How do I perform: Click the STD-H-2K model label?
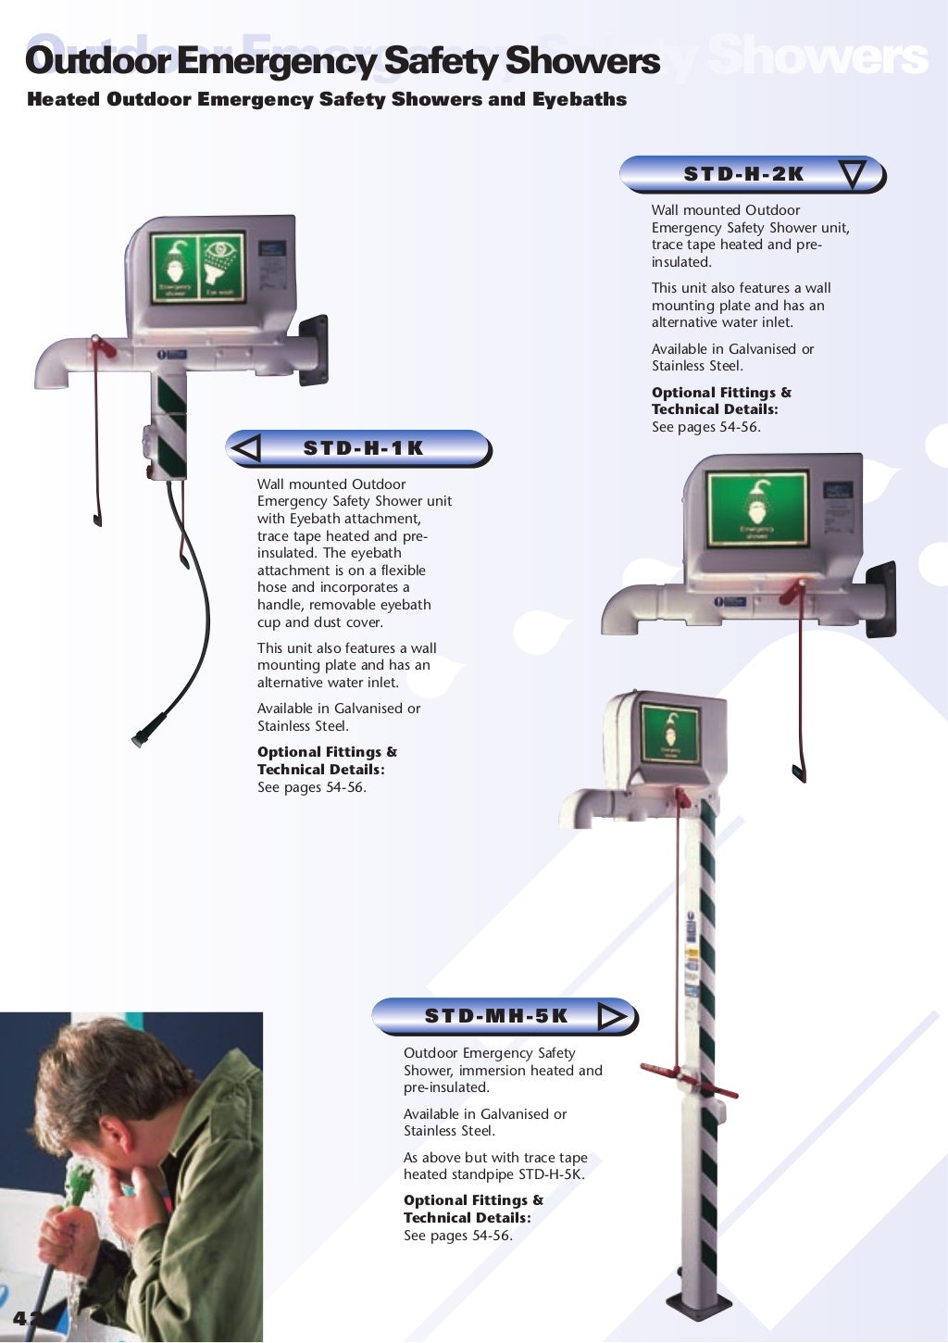[x=743, y=174]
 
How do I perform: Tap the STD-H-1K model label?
[x=363, y=448]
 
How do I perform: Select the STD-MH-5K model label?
[x=496, y=1016]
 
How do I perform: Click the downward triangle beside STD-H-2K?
[x=852, y=173]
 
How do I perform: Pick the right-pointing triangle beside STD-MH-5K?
[x=612, y=1017]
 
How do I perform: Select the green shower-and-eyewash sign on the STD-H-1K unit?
[x=198, y=269]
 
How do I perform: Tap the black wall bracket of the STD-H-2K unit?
[x=880, y=598]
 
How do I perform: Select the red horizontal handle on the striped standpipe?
[x=687, y=1080]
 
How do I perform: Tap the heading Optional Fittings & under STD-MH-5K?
[x=473, y=1200]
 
